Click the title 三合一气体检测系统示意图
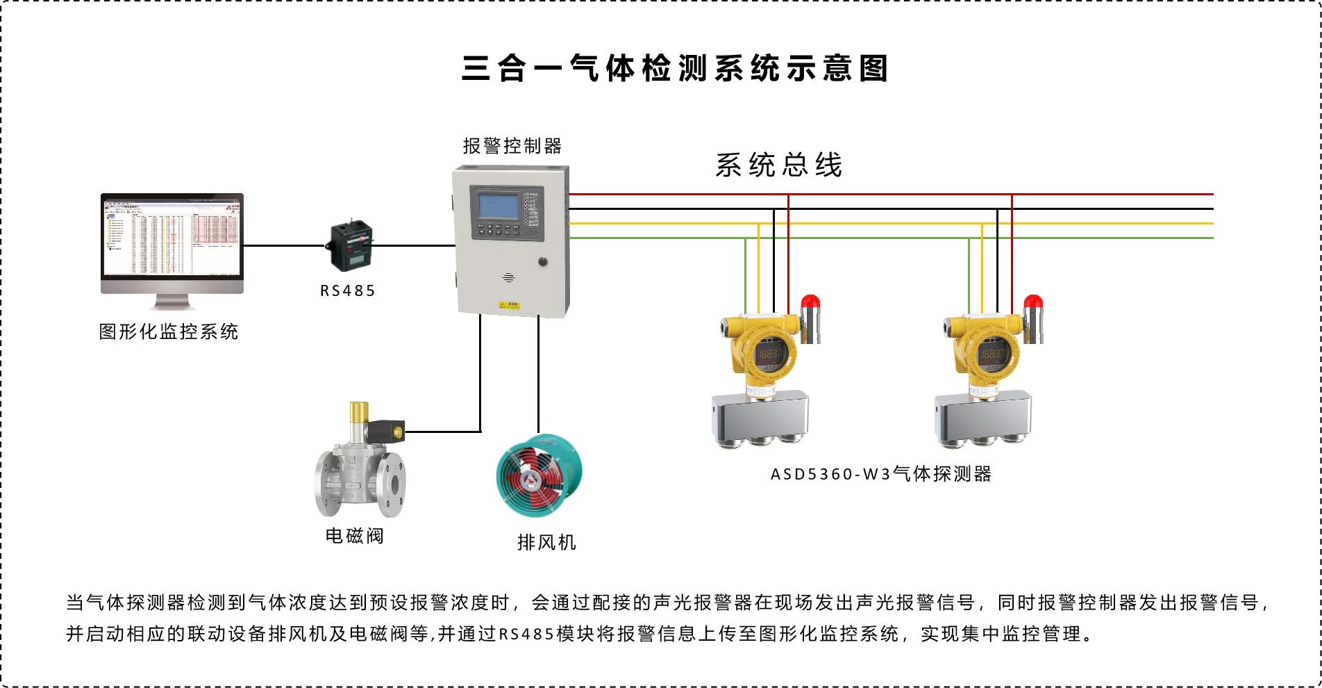coord(675,68)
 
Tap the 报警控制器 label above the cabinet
coord(512,146)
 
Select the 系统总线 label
coord(778,165)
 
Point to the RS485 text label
coord(348,290)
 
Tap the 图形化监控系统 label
coord(169,331)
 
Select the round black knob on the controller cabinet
coord(542,262)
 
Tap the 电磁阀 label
coord(355,536)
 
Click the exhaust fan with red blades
coord(539,475)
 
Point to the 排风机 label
coord(546,542)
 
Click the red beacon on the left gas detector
coord(810,302)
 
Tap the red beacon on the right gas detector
coord(1033,302)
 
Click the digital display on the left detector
coord(769,355)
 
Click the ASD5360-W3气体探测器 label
coord(881,474)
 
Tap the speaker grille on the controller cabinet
coord(508,278)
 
